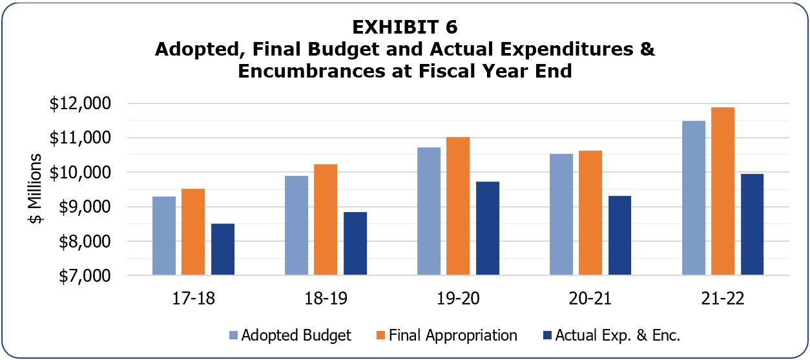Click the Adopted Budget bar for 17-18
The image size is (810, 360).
coord(164,236)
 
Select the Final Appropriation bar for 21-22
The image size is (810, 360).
coord(723,191)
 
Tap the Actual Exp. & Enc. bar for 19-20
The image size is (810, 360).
coord(488,228)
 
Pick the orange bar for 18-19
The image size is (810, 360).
coord(326,220)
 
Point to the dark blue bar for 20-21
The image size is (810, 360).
coord(619,235)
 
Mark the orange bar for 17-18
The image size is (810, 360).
coord(193,232)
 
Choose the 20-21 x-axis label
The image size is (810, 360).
coord(590,299)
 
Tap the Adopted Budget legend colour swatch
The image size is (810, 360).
coord(233,335)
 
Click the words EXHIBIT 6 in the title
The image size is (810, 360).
coord(405,27)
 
